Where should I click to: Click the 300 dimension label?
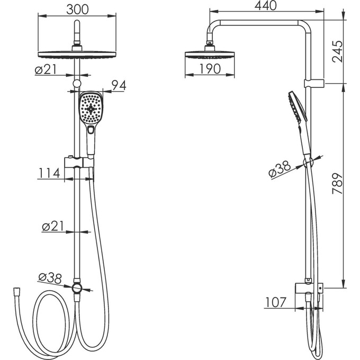tap(77, 10)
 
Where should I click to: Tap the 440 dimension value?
tap(266, 5)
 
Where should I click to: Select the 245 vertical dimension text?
tap(338, 51)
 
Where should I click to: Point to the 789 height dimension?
tap(338, 184)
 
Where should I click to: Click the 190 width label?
tap(210, 69)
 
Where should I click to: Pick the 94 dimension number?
tap(119, 86)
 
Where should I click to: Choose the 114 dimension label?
tap(49, 173)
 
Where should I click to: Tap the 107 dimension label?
tap(276, 302)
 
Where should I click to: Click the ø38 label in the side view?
tap(280, 169)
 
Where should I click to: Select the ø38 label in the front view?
tap(50, 278)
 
